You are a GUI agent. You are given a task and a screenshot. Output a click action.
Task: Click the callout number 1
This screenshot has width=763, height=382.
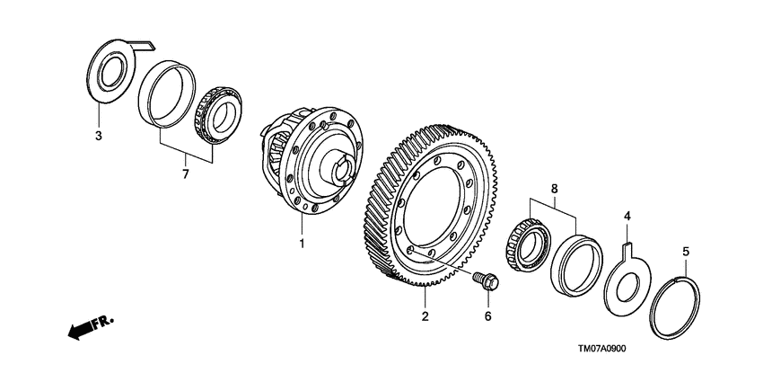[x=303, y=244]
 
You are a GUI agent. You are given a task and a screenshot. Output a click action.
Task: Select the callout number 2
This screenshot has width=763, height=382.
[x=425, y=315]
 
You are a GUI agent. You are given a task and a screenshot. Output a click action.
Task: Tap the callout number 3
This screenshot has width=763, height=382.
[x=99, y=136]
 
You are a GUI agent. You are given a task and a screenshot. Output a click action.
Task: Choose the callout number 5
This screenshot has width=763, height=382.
[x=686, y=253]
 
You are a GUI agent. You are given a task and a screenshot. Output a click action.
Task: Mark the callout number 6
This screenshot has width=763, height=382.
[x=488, y=315]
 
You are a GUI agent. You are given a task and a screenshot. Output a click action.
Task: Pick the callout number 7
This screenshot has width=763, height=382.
[x=186, y=173]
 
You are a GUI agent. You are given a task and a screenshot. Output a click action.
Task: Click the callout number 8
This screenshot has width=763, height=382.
[x=554, y=190]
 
